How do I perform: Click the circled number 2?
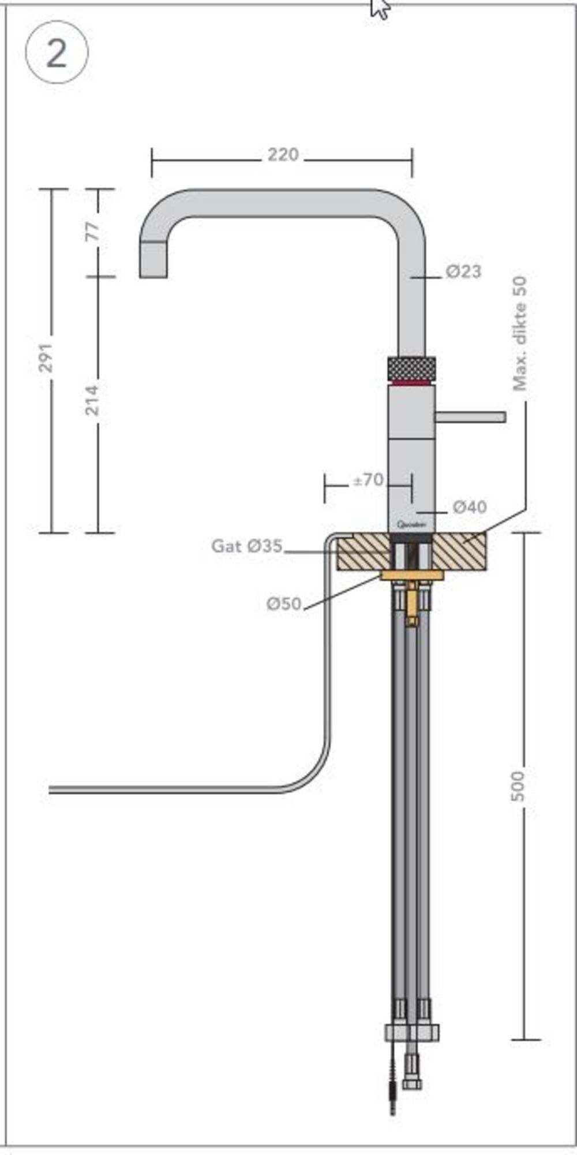click(57, 53)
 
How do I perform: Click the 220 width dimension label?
click(283, 155)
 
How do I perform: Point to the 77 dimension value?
click(93, 232)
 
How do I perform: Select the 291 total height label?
click(46, 357)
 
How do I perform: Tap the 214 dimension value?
click(92, 399)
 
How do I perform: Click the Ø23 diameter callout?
click(463, 271)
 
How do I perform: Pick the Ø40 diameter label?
click(469, 507)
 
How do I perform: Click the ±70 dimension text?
click(368, 480)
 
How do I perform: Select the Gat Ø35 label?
click(247, 546)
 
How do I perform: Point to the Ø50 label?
click(284, 604)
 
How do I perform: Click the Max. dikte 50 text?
click(520, 333)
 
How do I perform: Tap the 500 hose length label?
click(518, 785)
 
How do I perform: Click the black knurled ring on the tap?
click(411, 367)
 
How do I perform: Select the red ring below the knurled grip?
click(411, 382)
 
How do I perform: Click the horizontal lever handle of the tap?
click(470, 416)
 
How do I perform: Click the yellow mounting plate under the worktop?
click(412, 575)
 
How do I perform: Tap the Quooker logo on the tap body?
click(411, 524)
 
